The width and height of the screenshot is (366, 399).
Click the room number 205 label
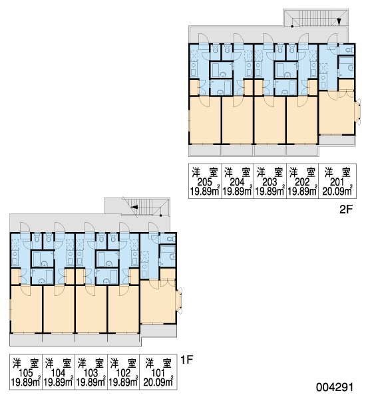point(205,182)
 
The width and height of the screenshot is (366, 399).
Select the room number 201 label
point(337,182)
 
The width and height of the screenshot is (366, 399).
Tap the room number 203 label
point(270,182)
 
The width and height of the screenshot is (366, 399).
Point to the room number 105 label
point(26,373)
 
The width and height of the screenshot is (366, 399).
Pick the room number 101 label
point(158,373)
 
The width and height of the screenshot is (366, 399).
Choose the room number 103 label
point(91,373)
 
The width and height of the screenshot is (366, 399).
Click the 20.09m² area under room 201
point(337,191)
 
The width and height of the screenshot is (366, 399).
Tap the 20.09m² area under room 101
point(158,382)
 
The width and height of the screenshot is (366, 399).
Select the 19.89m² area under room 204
point(238,191)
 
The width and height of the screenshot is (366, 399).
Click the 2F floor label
point(345,209)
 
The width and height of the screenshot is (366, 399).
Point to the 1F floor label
point(187,360)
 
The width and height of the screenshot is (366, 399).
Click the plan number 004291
point(335,387)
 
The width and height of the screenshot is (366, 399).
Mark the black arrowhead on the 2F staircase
point(339,22)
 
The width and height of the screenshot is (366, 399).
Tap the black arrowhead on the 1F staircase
point(134,207)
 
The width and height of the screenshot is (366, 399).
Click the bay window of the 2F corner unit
point(358,112)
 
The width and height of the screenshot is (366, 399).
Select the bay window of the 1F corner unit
point(179,301)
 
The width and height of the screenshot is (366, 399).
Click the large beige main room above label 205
point(205,120)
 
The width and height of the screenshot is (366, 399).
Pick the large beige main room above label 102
point(123,309)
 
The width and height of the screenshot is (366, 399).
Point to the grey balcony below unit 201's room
point(337,140)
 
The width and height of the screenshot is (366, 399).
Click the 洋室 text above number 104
point(59,363)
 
